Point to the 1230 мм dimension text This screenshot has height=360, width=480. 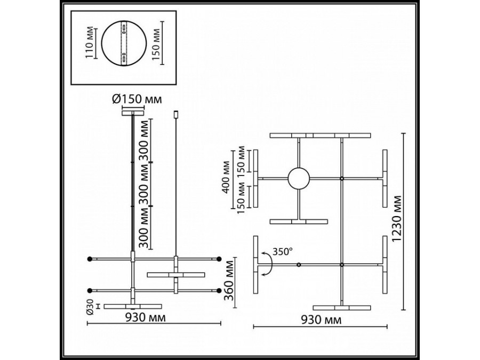click(x=411, y=222)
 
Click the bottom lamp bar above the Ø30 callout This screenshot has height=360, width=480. click(x=133, y=306)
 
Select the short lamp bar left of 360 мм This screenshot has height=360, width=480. click(x=175, y=275)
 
